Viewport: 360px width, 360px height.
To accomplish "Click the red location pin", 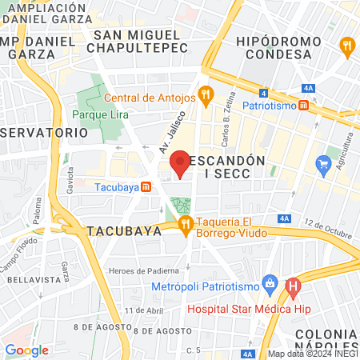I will (x=181, y=162).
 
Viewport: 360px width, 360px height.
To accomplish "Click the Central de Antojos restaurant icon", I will (x=206, y=97).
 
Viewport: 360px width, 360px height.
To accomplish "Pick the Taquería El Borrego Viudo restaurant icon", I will (x=186, y=223).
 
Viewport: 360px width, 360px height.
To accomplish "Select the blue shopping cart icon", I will (x=324, y=166).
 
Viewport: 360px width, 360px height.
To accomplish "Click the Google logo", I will (x=27, y=350).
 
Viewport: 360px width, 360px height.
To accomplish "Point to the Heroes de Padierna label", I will (x=145, y=270).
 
